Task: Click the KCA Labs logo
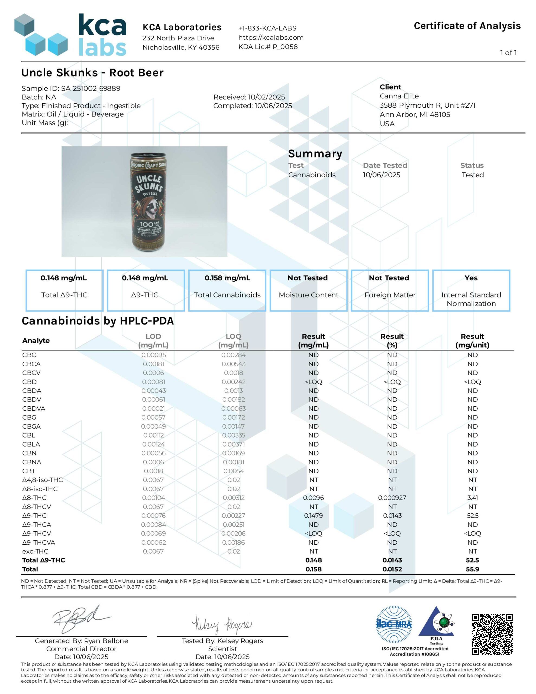coord(70,35)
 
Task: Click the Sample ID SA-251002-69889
coord(71,88)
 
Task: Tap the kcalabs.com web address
coord(271,37)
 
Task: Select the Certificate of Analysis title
coord(467,26)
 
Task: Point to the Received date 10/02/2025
coord(249,97)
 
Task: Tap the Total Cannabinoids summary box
coord(227,290)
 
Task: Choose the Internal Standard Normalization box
coord(471,290)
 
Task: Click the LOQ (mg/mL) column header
coord(233,340)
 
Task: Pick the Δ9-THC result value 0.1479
coord(313,515)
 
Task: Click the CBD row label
coord(30,382)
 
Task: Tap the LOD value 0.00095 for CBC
coord(153,355)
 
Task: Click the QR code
coord(492,634)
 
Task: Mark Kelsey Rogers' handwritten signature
coord(222,624)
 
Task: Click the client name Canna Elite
coord(399,96)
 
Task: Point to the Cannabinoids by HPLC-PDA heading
coord(98,321)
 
